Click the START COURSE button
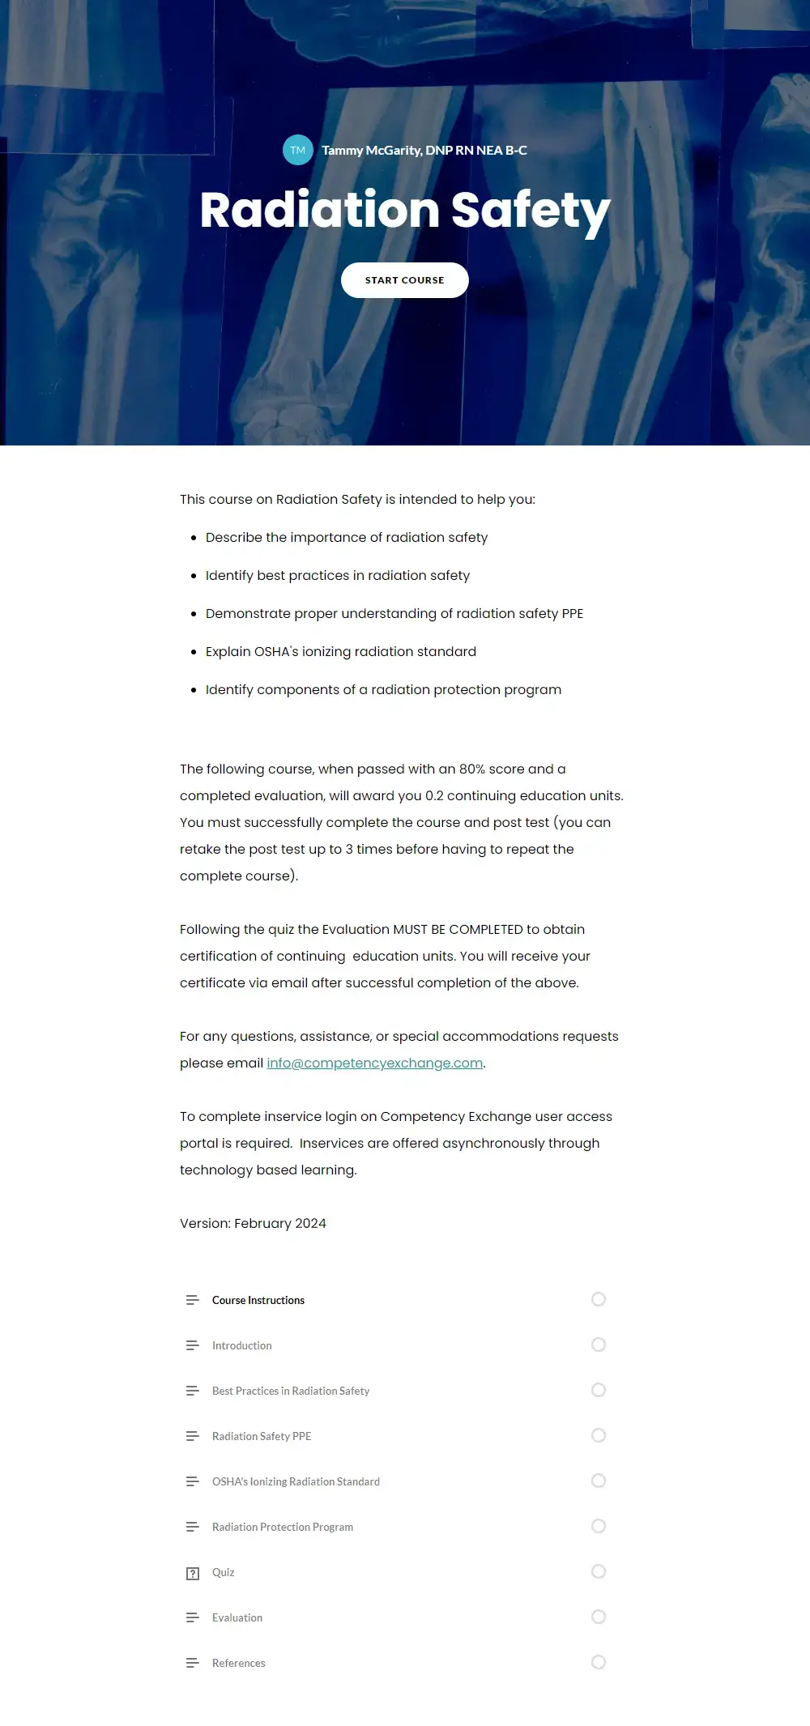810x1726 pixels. pyautogui.click(x=404, y=280)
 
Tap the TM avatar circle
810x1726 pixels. pyautogui.click(x=298, y=150)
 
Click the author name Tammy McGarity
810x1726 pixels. pyautogui.click(x=424, y=151)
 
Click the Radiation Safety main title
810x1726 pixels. pyautogui.click(x=405, y=211)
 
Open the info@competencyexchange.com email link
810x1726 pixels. pyautogui.click(x=374, y=1063)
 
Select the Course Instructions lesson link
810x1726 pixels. pyautogui.click(x=258, y=1300)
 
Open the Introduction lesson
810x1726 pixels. pyautogui.click(x=242, y=1345)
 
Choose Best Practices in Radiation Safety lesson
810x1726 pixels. pyautogui.click(x=291, y=1391)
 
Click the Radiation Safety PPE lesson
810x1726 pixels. pyautogui.click(x=262, y=1436)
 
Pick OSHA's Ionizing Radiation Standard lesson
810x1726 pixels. pyautogui.click(x=296, y=1481)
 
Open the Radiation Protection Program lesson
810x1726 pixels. pyautogui.click(x=283, y=1527)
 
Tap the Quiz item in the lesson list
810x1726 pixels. pyautogui.click(x=224, y=1572)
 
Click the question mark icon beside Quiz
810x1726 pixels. pyautogui.click(x=193, y=1574)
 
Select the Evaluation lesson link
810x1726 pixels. pyautogui.click(x=237, y=1617)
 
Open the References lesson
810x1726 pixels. pyautogui.click(x=239, y=1663)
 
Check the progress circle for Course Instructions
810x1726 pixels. pyautogui.click(x=599, y=1299)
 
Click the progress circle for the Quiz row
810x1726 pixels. pyautogui.click(x=599, y=1571)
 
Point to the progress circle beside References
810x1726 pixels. pyautogui.click(x=599, y=1662)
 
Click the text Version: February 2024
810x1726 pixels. pyautogui.click(x=253, y=1223)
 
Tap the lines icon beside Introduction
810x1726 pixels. pyautogui.click(x=193, y=1345)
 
